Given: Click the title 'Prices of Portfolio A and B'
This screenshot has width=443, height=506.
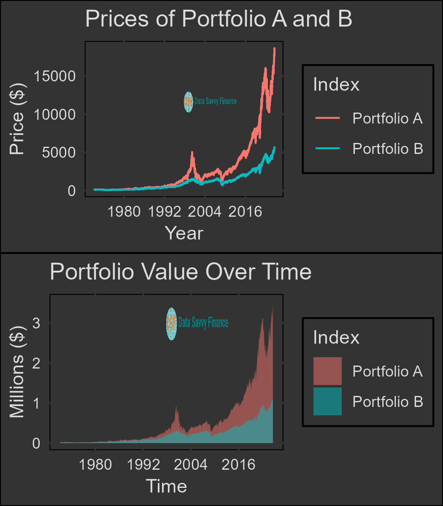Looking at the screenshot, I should click(x=219, y=19).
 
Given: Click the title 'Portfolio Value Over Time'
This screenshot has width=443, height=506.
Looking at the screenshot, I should click(x=181, y=272).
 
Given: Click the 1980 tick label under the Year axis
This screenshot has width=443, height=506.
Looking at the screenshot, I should click(x=124, y=211).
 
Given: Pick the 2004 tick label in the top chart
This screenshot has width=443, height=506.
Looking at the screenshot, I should click(x=204, y=211).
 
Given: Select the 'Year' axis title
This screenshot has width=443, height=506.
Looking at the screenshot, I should click(x=184, y=233).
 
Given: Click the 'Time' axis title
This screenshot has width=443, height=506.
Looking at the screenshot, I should click(x=166, y=486).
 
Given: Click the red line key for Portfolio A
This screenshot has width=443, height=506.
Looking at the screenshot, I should click(x=327, y=119).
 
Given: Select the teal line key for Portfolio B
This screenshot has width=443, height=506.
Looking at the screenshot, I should click(x=327, y=148).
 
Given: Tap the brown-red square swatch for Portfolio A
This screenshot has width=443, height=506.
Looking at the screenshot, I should click(x=327, y=371).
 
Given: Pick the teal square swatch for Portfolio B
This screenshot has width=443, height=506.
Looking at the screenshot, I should click(x=327, y=401).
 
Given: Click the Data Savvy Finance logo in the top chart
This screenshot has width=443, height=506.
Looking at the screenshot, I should click(x=210, y=102).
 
